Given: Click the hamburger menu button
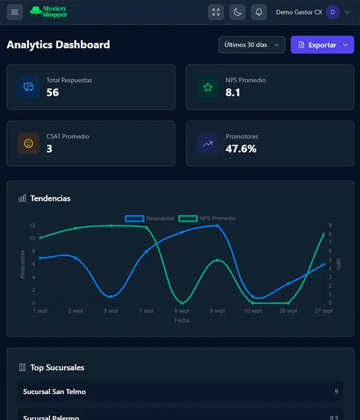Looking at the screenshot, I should [x=15, y=12].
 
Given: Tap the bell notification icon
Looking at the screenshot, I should [x=259, y=12].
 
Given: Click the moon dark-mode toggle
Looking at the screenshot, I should [x=237, y=12].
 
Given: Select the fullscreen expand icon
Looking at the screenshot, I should [x=216, y=12].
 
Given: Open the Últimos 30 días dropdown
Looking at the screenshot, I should [x=252, y=45].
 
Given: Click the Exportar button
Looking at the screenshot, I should [x=322, y=45].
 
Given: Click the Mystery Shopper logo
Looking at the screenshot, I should [x=49, y=12].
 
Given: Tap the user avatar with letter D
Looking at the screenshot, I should [x=333, y=12].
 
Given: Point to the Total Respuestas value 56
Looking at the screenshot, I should [x=52, y=92].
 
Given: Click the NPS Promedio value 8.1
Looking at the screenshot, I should [x=233, y=92].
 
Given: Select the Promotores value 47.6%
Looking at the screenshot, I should [x=241, y=149].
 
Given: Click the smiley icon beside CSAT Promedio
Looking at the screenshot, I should [x=29, y=143].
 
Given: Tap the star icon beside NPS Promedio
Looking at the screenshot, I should [x=208, y=87].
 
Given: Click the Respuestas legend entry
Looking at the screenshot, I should [x=150, y=218].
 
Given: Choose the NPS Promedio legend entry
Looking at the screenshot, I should [x=207, y=218].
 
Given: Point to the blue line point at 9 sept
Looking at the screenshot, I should [x=217, y=226].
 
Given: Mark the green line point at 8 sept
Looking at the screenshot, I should [x=182, y=303].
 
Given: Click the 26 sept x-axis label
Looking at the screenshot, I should [x=288, y=311].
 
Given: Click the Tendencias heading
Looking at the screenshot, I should [x=50, y=198].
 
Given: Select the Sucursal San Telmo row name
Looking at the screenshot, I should [x=55, y=392].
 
